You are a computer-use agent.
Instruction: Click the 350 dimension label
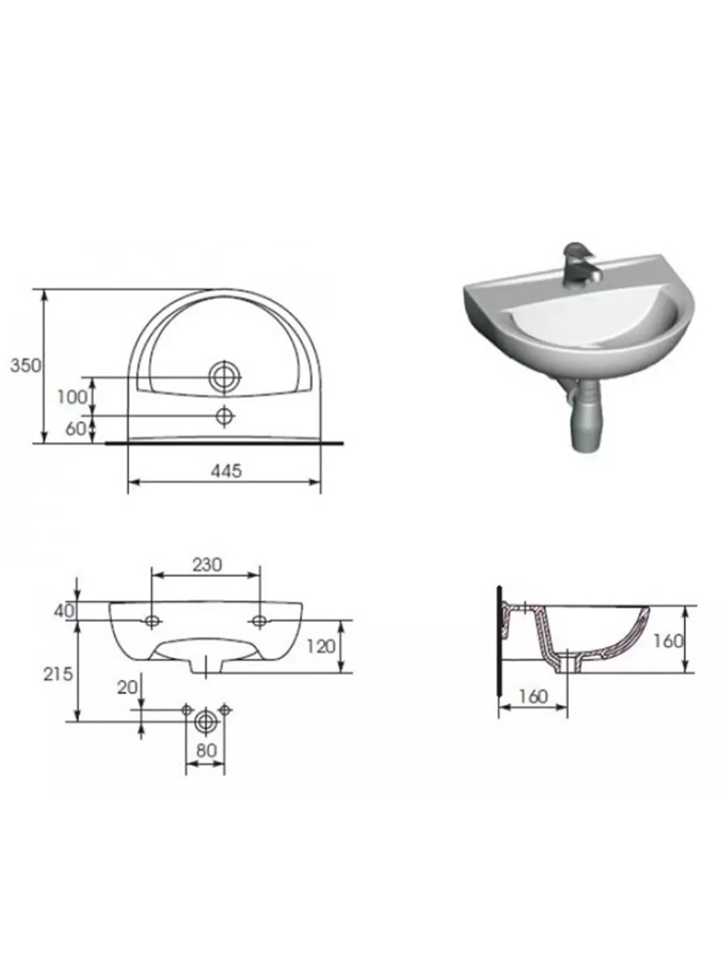[25, 365]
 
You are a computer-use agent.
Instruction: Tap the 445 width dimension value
[226, 471]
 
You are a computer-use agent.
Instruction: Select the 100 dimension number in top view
[73, 398]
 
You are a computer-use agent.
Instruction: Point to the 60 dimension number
[76, 428]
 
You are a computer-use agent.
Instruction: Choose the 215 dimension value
[58, 674]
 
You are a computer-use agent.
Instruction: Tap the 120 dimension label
[320, 647]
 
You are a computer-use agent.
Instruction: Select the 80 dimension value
[206, 750]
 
